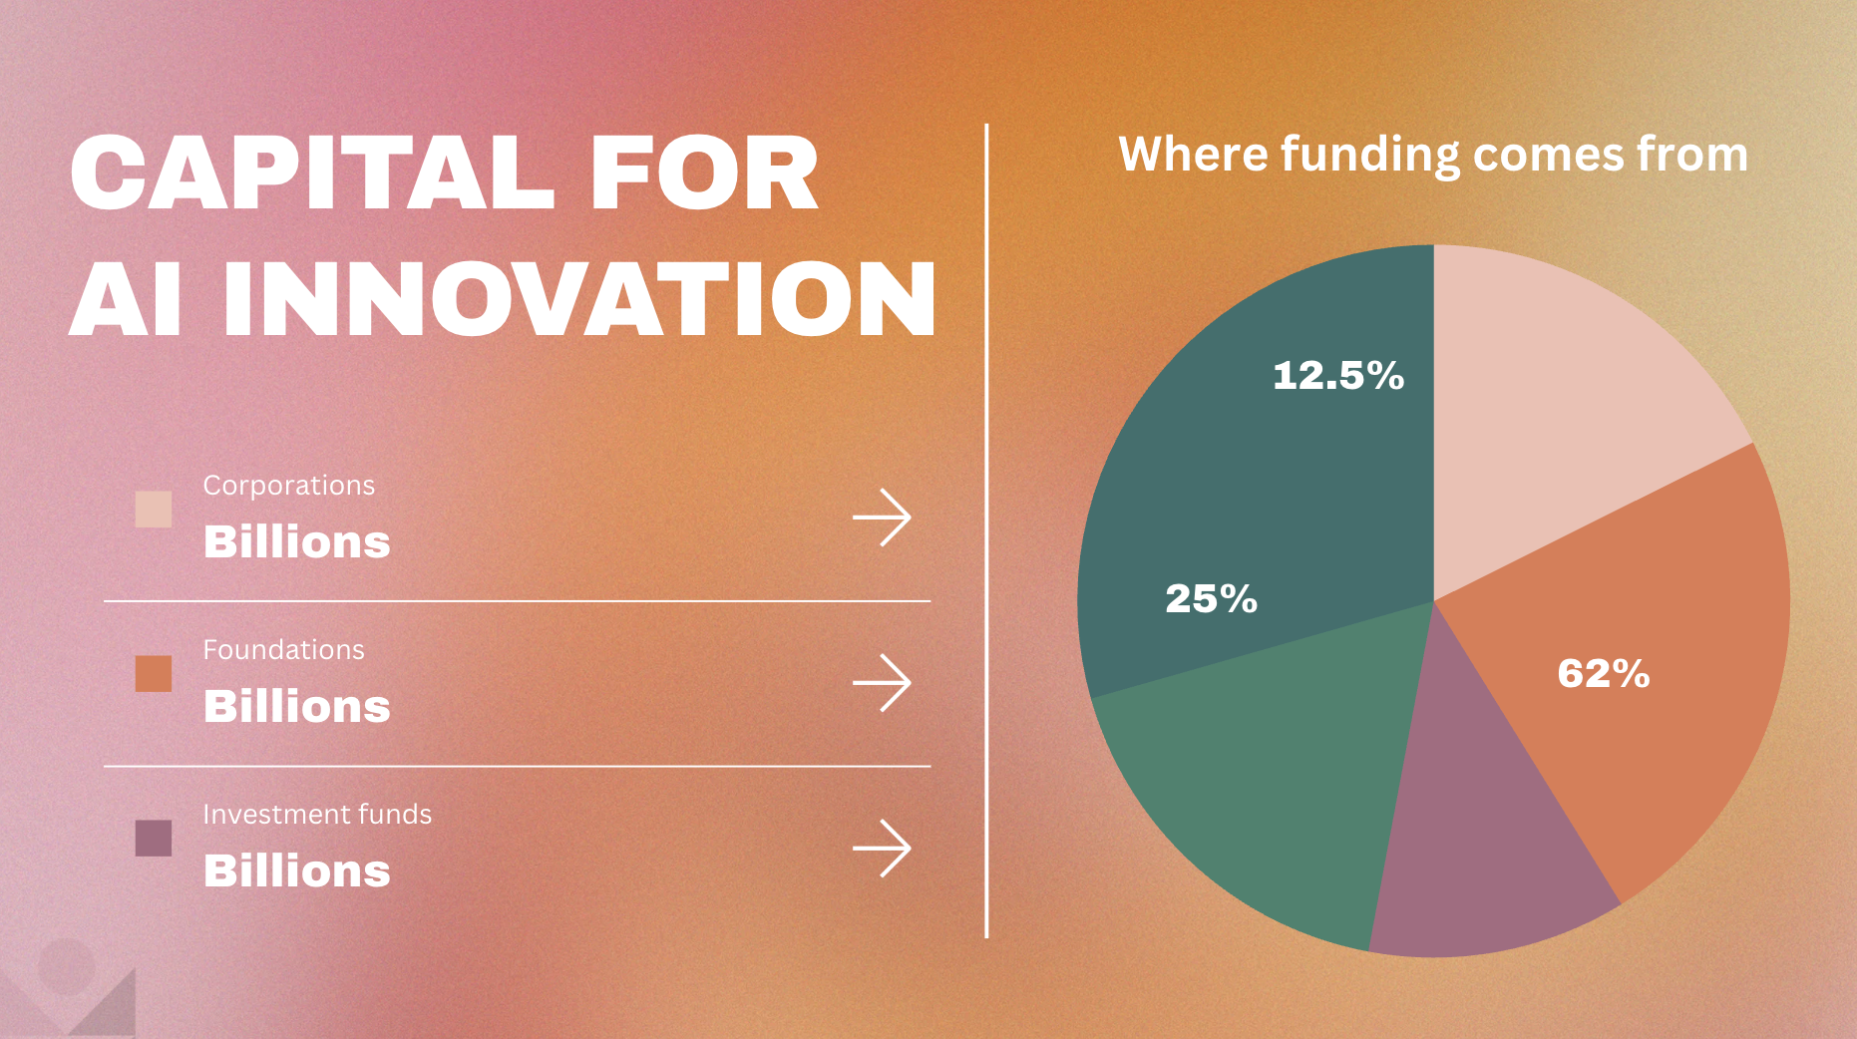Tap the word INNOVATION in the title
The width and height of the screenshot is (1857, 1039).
(578, 299)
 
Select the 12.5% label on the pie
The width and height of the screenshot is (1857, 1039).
(1337, 376)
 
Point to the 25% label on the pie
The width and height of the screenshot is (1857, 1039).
(1211, 598)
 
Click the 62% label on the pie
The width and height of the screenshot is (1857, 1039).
(1603, 674)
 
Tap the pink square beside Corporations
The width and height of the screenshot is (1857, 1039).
(154, 509)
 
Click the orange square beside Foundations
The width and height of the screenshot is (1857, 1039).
(154, 673)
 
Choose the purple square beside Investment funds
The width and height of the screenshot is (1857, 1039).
(154, 838)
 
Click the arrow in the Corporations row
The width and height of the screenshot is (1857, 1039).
(882, 518)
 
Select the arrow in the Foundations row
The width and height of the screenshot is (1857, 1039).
(882, 683)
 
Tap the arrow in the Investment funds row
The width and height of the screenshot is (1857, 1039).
(882, 848)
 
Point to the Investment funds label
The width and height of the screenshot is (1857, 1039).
(317, 815)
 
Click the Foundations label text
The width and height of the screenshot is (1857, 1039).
(283, 650)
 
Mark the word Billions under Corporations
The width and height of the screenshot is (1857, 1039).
(296, 542)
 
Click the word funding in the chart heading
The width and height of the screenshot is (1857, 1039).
(1370, 156)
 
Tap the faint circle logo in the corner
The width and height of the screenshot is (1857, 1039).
(66, 965)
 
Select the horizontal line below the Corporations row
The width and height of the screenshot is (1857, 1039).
(517, 601)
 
